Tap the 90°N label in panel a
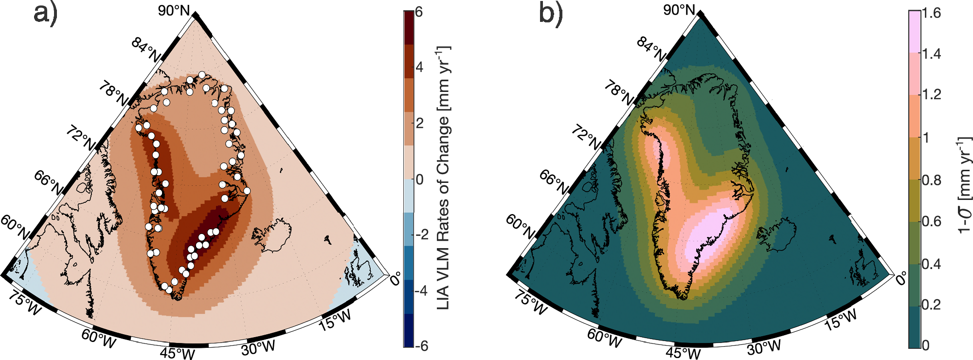[174, 10]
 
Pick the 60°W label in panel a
[99, 339]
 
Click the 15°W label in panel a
[335, 320]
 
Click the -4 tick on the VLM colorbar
[421, 291]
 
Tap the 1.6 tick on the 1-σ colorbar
[931, 13]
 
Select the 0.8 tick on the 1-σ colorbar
[931, 180]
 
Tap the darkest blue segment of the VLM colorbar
[409, 331]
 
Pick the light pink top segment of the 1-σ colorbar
[914, 32]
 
